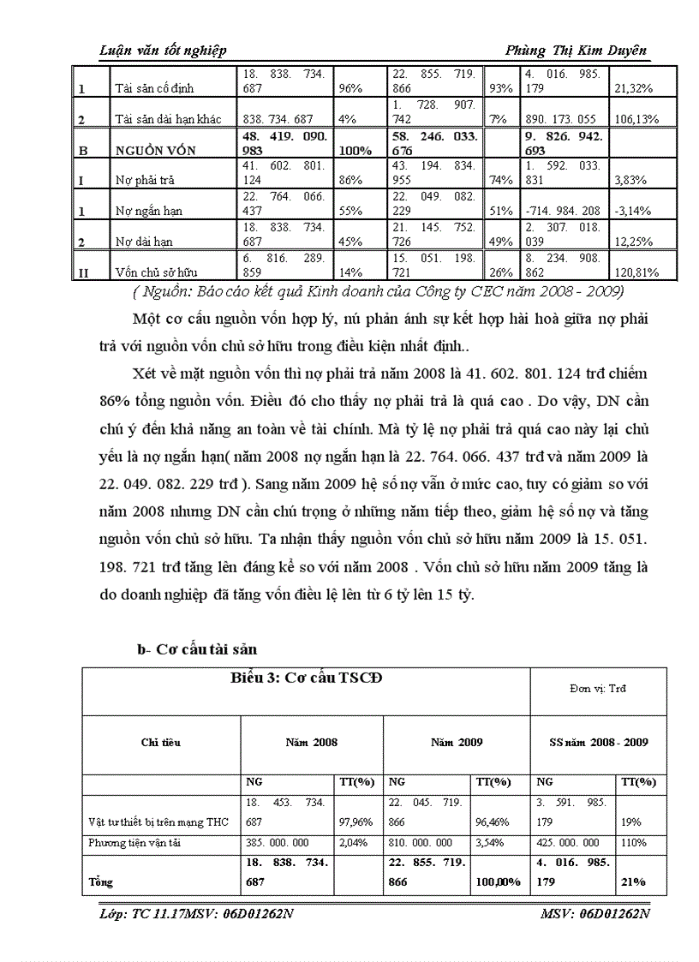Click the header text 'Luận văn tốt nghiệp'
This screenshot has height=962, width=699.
pos(164,51)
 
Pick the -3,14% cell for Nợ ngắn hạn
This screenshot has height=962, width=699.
pos(630,210)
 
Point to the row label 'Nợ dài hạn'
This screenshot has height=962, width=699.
pos(143,242)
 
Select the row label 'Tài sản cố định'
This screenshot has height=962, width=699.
pos(154,88)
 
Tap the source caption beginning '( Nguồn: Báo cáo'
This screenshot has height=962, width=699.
pos(360,291)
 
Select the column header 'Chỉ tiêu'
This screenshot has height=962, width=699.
pos(161,743)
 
